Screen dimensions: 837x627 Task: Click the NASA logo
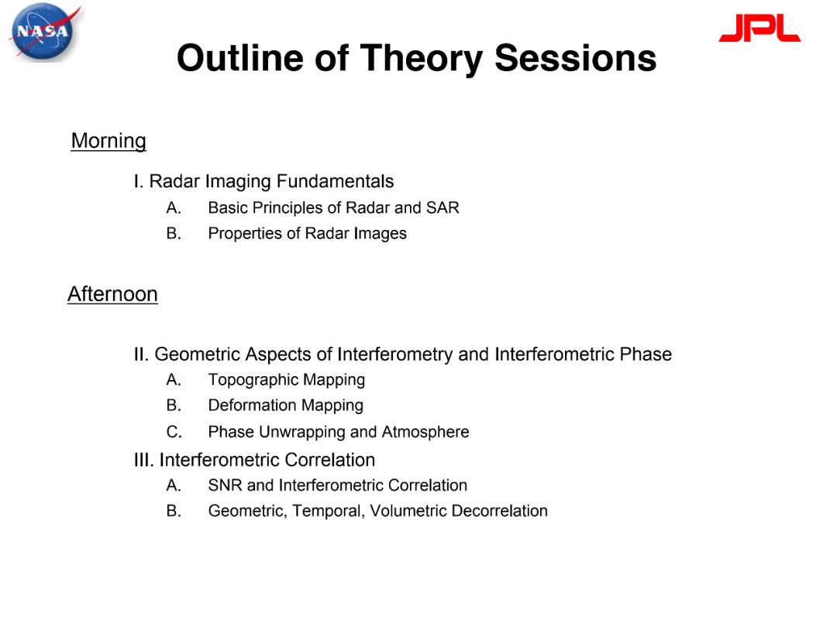[x=45, y=32]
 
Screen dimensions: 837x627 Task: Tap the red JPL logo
[x=759, y=28]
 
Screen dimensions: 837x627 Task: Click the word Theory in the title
[x=422, y=59]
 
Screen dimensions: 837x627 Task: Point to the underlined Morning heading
[x=108, y=142]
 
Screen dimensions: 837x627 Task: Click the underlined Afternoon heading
[x=112, y=294]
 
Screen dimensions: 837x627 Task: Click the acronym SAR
[x=443, y=207]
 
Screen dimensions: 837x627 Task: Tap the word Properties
[x=245, y=234]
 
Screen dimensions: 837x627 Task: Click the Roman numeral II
[x=142, y=354]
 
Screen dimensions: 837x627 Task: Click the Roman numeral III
[x=144, y=460]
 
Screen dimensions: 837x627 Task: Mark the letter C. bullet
[x=174, y=431]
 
